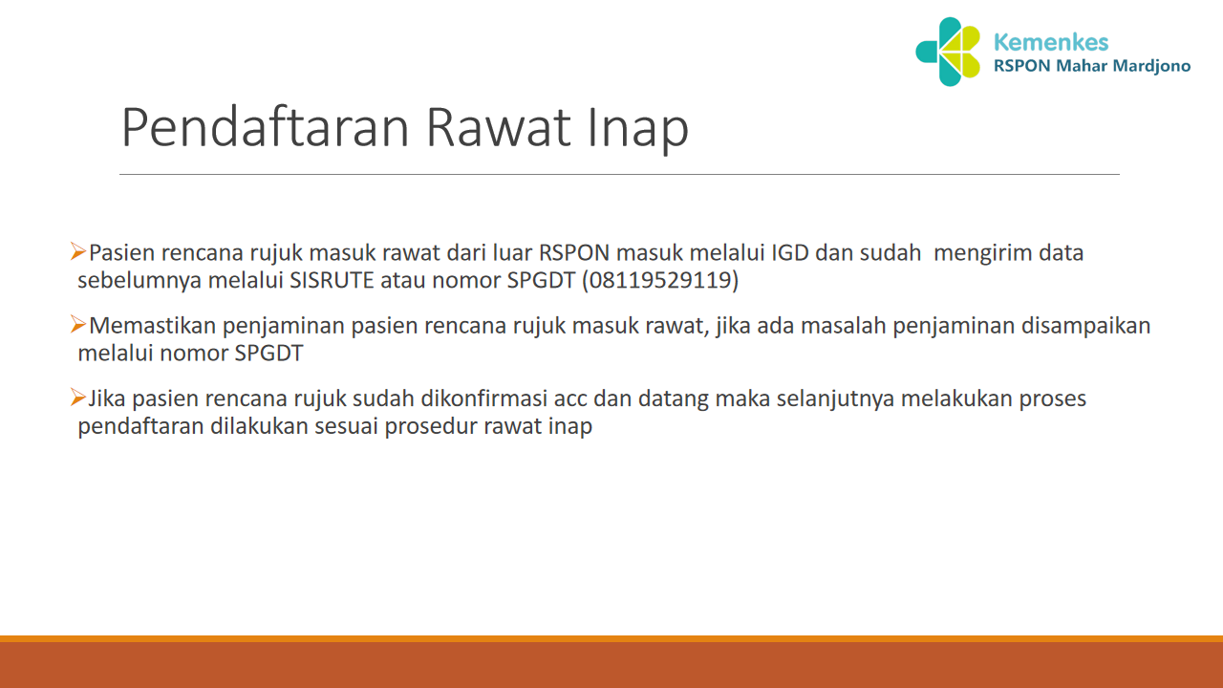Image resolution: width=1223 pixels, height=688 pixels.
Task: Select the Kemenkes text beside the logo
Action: coord(1051,42)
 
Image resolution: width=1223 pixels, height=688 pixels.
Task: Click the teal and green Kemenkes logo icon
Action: coord(948,52)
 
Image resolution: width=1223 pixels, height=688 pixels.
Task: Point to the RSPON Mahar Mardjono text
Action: coord(1092,67)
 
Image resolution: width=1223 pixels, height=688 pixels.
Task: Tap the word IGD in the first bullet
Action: coord(789,253)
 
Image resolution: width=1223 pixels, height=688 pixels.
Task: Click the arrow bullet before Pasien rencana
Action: coord(78,252)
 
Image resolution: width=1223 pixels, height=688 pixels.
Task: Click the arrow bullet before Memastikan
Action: coord(78,325)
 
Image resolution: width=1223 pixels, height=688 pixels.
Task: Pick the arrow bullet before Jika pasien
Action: coord(78,397)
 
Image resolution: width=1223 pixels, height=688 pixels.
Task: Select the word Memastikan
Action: coord(152,326)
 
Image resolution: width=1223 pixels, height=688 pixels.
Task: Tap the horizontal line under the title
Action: coord(619,175)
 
